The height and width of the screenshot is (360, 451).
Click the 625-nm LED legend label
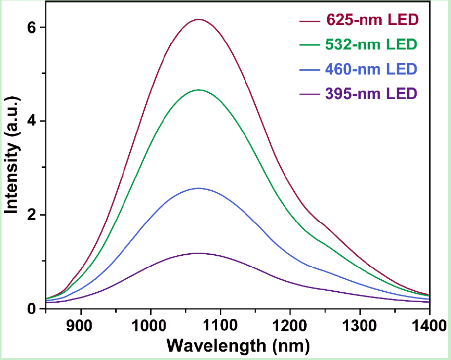pos(372,21)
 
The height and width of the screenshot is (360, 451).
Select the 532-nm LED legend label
pos(372,45)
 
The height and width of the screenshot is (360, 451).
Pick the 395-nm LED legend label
pos(372,94)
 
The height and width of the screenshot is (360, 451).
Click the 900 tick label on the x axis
pos(81,327)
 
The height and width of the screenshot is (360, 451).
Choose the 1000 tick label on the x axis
pos(151,327)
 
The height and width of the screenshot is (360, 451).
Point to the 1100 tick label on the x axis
pos(220,327)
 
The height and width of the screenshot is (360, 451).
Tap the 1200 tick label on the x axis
pos(290,327)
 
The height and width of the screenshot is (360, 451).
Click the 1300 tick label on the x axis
pos(360,327)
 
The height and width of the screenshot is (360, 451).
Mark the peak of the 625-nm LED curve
pos(198,19)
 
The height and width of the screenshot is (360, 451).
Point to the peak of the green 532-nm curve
pos(198,90)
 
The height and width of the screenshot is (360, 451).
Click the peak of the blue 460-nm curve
pos(198,188)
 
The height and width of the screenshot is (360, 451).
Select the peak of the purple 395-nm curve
pos(198,253)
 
